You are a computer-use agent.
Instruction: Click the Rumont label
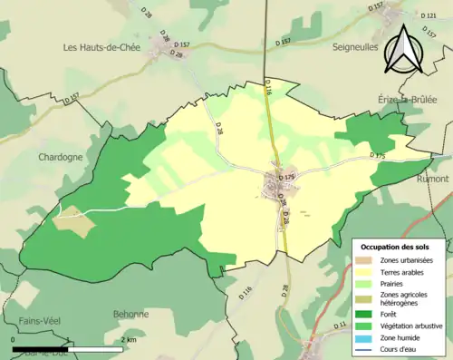coord(433,180)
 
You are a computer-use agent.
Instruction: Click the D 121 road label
coord(430,15)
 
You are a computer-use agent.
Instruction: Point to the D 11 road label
coord(341,324)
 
